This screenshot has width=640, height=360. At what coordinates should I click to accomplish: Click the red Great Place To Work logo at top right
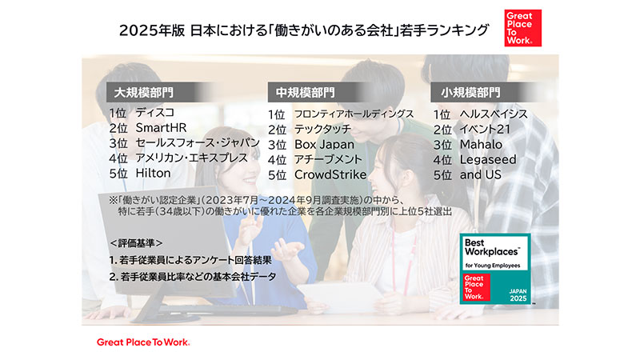(x=523, y=28)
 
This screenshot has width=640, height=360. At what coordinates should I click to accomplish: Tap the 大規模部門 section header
(x=144, y=93)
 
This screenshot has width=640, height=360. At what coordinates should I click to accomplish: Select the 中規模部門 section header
(x=306, y=93)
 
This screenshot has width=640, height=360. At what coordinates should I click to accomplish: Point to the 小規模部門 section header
(x=470, y=93)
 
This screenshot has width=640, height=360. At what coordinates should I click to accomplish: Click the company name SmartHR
(x=161, y=128)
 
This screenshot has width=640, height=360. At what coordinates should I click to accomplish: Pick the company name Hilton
(x=153, y=173)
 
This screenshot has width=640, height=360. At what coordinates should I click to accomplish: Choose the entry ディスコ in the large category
(x=155, y=112)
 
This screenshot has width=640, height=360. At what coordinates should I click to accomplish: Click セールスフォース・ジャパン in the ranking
(x=198, y=143)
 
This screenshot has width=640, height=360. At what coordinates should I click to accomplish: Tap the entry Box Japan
(x=325, y=145)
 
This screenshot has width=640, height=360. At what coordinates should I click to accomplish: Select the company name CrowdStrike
(x=330, y=174)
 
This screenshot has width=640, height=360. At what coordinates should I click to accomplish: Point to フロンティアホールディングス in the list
(x=354, y=114)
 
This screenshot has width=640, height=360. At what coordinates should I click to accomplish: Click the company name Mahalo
(x=481, y=145)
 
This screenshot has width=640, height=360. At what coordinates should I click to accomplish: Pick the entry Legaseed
(x=488, y=159)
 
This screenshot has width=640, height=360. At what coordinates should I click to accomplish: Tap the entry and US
(x=481, y=174)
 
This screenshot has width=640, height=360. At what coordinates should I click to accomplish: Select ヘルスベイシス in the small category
(x=494, y=114)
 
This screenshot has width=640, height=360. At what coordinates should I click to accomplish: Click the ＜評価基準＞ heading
(x=136, y=243)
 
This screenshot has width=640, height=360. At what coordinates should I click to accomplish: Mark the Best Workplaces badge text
(x=492, y=247)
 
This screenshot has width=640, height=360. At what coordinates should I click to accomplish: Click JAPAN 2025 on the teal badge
(x=518, y=294)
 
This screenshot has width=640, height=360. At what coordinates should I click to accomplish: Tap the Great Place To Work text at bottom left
(x=143, y=342)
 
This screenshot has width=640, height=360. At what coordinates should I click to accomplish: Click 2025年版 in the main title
(x=152, y=30)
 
